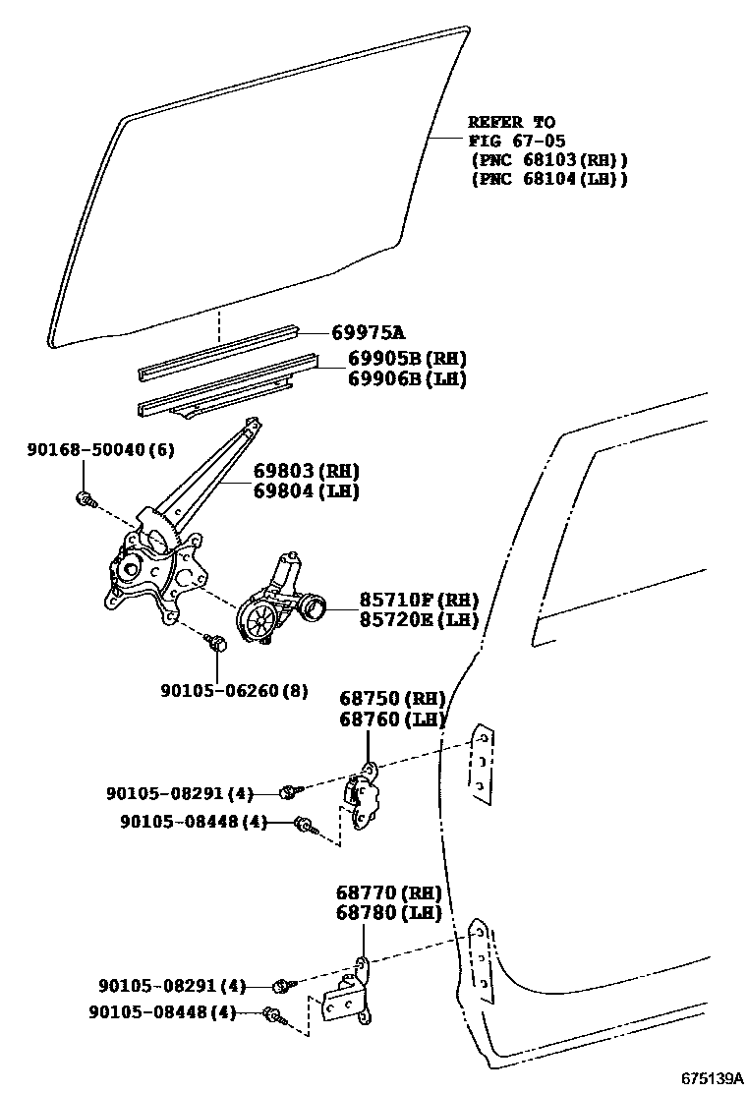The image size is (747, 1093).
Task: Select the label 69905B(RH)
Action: [x=406, y=359]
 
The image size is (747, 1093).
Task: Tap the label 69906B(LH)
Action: [x=406, y=379]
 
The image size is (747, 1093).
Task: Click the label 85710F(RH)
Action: [x=404, y=600]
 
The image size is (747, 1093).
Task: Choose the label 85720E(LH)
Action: [x=404, y=620]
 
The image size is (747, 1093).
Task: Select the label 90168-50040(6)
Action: [x=100, y=449]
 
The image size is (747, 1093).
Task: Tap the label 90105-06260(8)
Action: [x=234, y=691]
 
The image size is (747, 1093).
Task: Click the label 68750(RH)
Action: [x=392, y=699]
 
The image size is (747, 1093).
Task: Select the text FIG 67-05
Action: [x=516, y=142]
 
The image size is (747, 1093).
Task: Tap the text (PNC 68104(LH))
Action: [x=548, y=179]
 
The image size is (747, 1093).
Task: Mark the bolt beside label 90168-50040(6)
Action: [x=86, y=498]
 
